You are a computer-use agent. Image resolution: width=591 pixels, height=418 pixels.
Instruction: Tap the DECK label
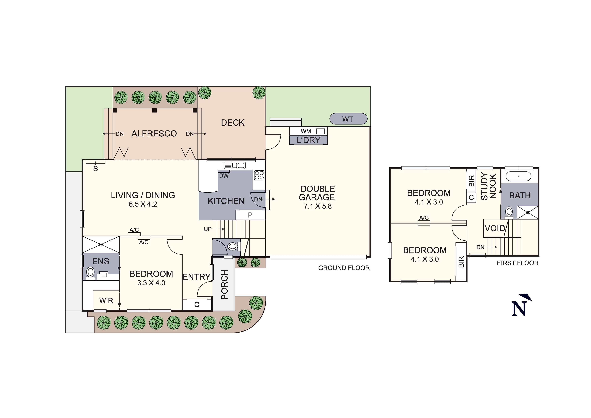point(233,123)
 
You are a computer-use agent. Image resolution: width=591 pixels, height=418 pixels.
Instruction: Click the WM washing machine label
point(306,131)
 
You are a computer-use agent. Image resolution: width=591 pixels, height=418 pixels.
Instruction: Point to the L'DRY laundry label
point(309,140)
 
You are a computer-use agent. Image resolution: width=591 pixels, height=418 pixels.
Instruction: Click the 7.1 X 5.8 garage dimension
point(318,206)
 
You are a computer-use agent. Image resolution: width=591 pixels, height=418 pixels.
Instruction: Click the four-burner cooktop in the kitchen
point(259,175)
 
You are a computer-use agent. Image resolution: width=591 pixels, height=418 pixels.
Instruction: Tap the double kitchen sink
point(234,165)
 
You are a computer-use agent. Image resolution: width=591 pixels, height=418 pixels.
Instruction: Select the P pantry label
point(250,215)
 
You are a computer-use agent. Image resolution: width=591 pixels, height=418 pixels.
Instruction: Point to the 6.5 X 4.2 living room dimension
point(143,204)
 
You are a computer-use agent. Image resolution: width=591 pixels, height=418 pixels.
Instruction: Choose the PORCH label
point(224,285)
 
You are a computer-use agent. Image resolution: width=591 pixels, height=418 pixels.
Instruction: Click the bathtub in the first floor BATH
point(518,177)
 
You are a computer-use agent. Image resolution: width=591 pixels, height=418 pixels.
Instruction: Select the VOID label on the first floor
point(495,228)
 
